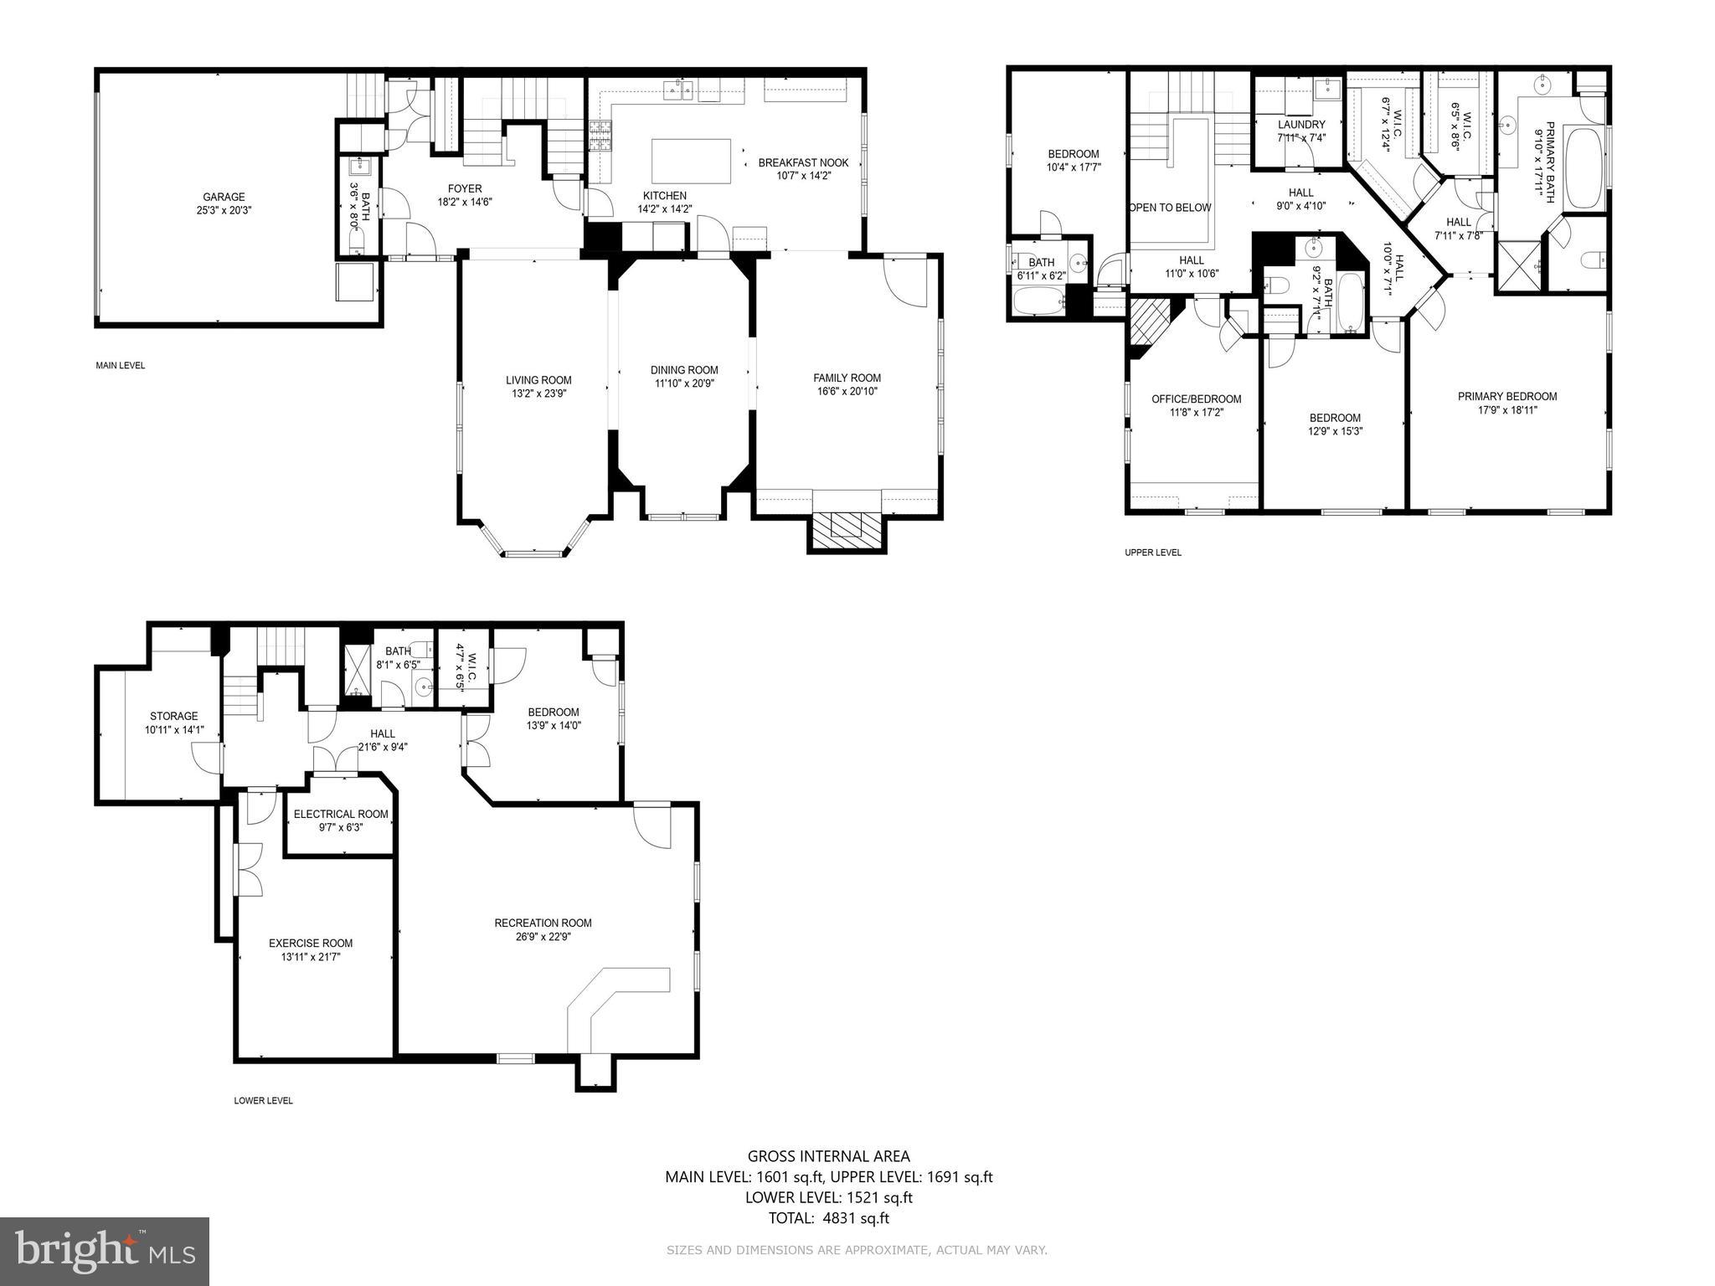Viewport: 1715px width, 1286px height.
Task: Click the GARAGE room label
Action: coord(224,198)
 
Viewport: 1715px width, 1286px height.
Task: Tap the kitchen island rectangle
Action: coord(691,161)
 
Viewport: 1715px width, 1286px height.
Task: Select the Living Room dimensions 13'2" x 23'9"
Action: coord(538,393)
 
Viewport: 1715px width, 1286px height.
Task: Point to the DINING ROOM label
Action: coord(684,370)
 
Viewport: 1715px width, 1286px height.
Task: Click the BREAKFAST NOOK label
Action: coord(802,163)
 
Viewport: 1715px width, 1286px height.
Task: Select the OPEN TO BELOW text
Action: coord(1169,208)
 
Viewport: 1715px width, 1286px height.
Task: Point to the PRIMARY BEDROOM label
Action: coord(1506,397)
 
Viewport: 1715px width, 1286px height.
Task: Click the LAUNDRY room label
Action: coord(1301,125)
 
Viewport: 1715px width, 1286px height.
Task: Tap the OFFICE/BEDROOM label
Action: coord(1196,399)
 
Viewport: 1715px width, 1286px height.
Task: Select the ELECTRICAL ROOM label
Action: coord(341,814)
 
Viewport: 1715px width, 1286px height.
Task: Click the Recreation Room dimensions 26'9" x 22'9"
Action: coord(543,937)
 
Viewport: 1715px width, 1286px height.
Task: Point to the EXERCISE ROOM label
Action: coord(311,943)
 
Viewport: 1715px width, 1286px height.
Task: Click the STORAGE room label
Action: coord(174,716)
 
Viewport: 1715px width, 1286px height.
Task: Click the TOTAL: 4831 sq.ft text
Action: coord(828,1218)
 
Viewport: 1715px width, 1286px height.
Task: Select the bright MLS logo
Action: coord(105,1251)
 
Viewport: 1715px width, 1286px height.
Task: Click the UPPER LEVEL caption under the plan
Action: coord(1152,553)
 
